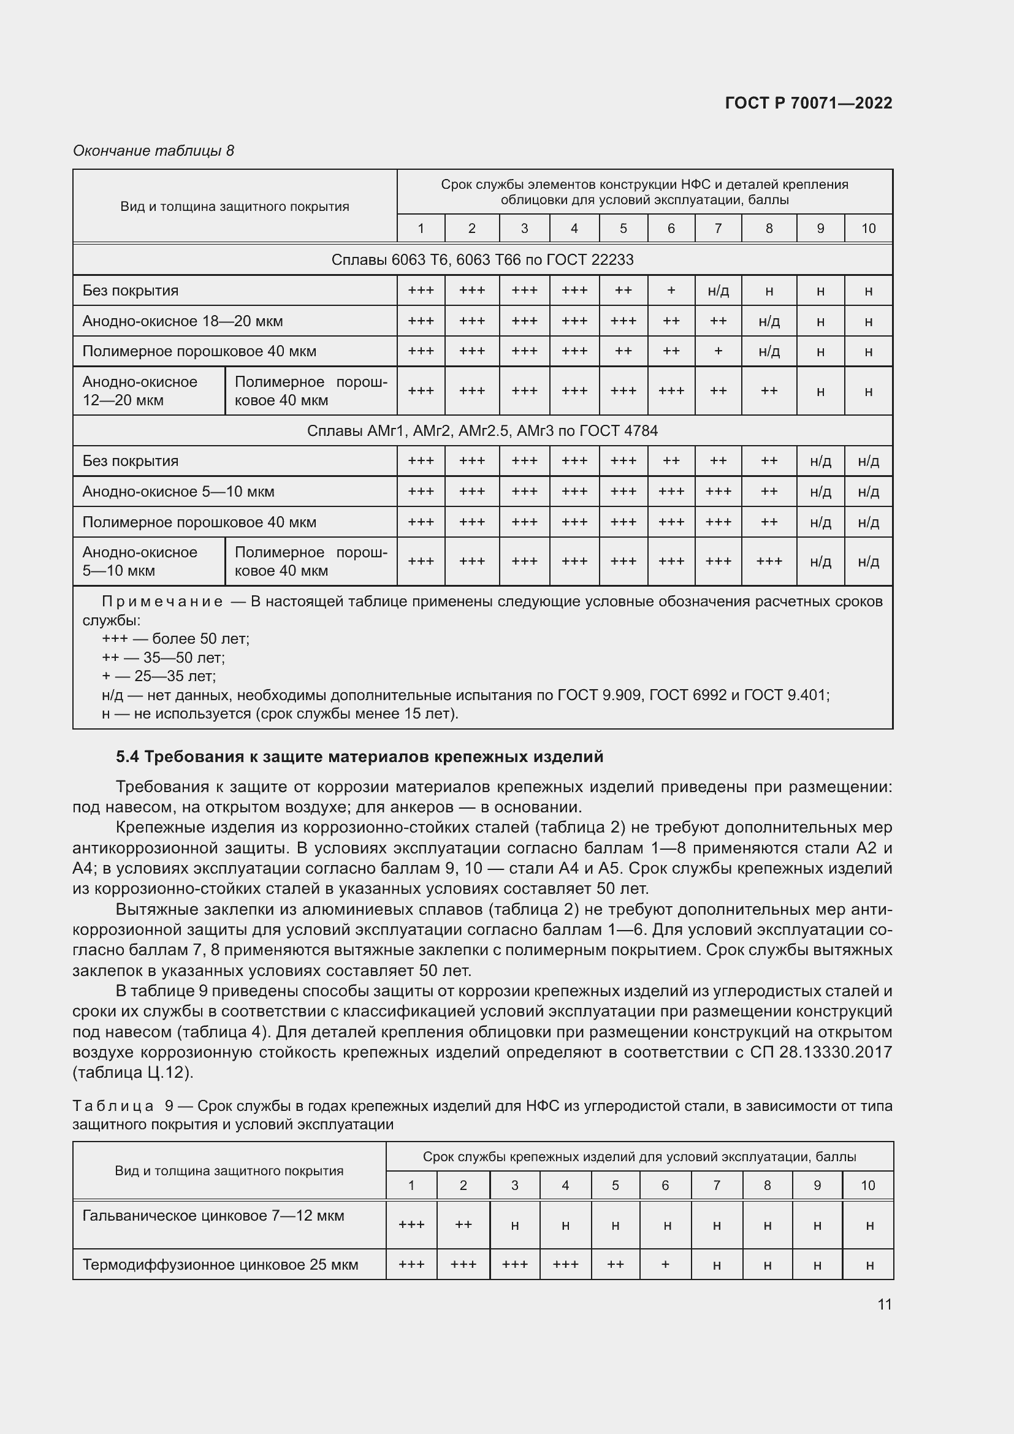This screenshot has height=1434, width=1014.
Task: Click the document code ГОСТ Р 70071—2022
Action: click(x=808, y=103)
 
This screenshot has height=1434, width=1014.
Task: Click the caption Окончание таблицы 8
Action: click(x=153, y=151)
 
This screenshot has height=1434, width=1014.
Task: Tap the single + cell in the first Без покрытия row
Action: click(x=671, y=291)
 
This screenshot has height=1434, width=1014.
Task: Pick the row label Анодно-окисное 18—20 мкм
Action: click(x=182, y=321)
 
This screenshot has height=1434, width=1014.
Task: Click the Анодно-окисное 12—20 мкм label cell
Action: click(x=148, y=391)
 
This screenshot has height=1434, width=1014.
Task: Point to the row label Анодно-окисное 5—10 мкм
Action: click(x=178, y=492)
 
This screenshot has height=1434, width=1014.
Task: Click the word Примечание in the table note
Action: click(x=162, y=601)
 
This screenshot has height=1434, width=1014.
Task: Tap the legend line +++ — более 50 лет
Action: click(x=175, y=639)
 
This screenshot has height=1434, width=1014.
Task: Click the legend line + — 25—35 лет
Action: click(x=159, y=676)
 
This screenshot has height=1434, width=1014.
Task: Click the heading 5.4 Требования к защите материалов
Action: click(x=359, y=757)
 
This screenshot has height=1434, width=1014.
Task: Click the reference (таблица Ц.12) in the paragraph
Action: click(x=133, y=1073)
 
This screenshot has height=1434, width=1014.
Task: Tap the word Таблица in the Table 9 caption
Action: click(x=113, y=1106)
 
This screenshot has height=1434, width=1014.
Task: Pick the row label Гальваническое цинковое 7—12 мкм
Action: click(x=213, y=1215)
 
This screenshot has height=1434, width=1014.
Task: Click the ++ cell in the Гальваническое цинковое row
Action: click(x=463, y=1225)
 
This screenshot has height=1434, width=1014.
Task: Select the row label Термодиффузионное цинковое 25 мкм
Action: click(x=220, y=1265)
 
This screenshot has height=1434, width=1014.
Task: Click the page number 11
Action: click(x=884, y=1305)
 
